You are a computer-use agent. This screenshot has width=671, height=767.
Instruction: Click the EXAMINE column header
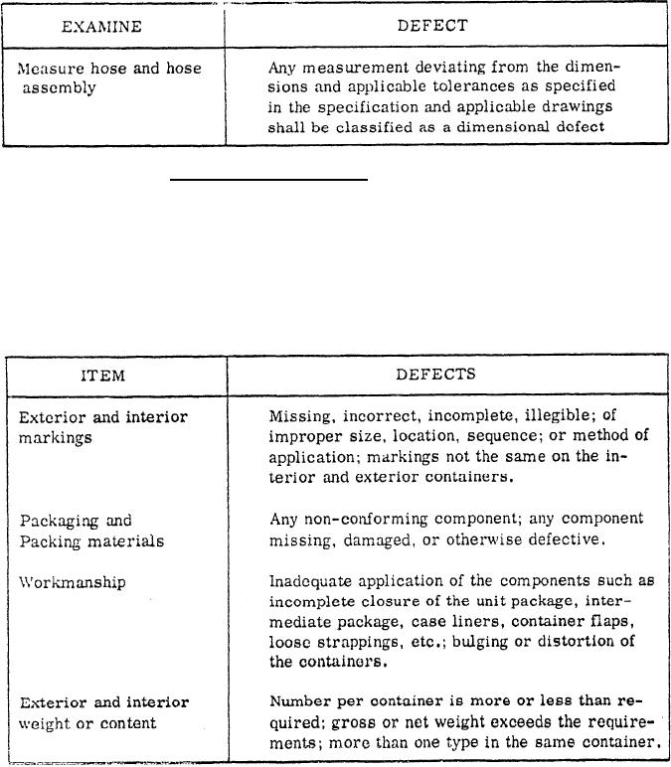pyautogui.click(x=102, y=26)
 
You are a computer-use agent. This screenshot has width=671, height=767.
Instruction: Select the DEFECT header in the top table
pyautogui.click(x=432, y=26)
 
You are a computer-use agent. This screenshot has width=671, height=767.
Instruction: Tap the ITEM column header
pyautogui.click(x=102, y=376)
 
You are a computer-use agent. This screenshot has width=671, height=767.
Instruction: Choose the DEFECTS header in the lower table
pyautogui.click(x=435, y=375)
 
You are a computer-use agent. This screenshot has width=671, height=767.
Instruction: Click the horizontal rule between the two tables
pyautogui.click(x=268, y=181)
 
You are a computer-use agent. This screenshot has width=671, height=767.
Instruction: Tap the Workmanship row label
pyautogui.click(x=73, y=583)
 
